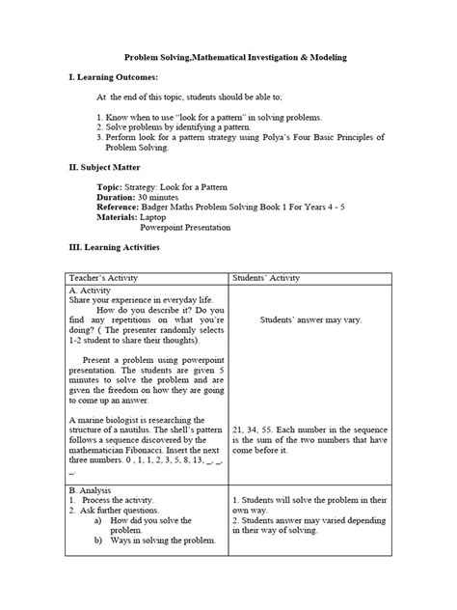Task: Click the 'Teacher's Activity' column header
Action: (x=106, y=278)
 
